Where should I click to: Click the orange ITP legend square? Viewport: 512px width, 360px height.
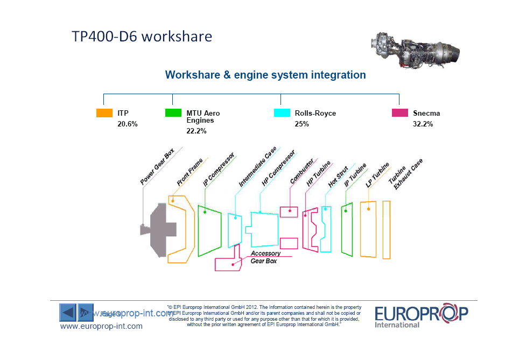point(104,113)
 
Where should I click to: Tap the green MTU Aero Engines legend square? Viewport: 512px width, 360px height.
point(173,113)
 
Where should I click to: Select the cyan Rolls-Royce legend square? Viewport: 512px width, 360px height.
point(282,113)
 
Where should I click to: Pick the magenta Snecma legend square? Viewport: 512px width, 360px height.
point(399,113)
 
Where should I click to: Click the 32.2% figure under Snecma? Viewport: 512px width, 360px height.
point(423,124)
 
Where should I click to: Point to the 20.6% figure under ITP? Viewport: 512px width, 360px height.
point(128,124)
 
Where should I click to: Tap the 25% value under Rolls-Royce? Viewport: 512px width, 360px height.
point(301,124)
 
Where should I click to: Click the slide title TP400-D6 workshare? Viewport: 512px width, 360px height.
point(142,37)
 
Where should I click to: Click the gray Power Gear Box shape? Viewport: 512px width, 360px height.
point(159,229)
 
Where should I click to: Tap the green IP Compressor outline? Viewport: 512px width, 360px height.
point(209,231)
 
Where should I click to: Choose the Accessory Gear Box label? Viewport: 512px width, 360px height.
point(265,257)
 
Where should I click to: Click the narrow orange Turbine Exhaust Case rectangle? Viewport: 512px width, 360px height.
point(386,229)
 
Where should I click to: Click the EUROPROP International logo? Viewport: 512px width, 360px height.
point(421,316)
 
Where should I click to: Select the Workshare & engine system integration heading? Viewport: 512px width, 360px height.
point(265,75)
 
